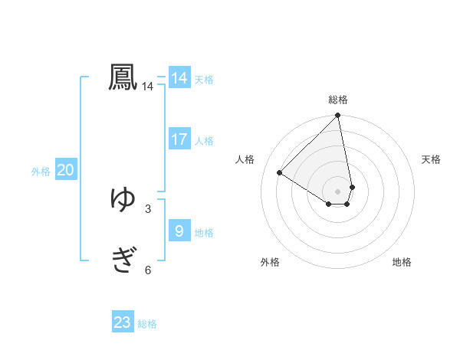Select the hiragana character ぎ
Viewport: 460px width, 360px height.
[x=123, y=260]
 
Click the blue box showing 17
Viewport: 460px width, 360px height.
[x=179, y=139]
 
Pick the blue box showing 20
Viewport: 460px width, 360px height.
[x=65, y=171]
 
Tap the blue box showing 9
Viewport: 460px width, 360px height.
[x=179, y=231]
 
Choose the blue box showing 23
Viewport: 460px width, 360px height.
[x=123, y=322]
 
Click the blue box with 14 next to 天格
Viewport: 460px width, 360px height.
[x=179, y=78]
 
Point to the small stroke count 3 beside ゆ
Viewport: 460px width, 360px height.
[x=148, y=208]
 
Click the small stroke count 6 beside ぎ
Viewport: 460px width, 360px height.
[x=148, y=270]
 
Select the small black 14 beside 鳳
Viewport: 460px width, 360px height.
[x=148, y=87]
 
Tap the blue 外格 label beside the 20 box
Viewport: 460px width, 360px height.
[x=41, y=172]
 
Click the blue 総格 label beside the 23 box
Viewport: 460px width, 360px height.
[x=147, y=324]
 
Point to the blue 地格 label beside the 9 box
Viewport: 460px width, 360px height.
[x=204, y=233]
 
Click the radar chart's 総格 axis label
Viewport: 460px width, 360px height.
[x=338, y=100]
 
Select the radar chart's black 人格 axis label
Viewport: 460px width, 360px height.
[x=245, y=159]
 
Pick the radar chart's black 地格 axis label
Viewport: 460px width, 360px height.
[x=402, y=263]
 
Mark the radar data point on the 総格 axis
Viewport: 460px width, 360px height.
[x=338, y=116]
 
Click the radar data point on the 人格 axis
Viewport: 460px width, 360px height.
[x=280, y=172]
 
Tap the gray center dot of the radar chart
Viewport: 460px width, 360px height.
[x=338, y=191]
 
